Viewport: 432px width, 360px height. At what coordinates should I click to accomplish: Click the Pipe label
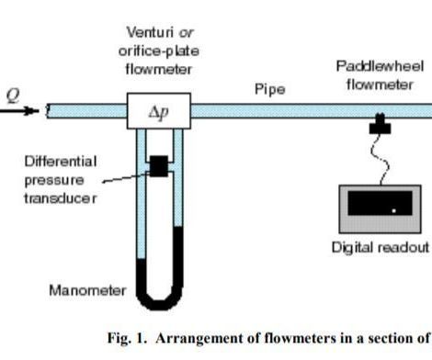coord(269,90)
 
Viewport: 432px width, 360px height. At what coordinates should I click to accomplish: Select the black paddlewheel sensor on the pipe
coord(380,125)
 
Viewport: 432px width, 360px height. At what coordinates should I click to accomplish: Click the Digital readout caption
coord(380,248)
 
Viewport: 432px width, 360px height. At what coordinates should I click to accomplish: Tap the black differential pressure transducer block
coord(158,165)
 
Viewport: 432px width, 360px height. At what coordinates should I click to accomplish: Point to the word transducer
coord(58,198)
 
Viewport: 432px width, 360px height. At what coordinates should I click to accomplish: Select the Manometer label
coord(87,291)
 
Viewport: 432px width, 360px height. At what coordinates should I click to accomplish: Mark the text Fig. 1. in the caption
coord(127,339)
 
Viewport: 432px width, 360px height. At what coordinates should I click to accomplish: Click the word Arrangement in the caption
coord(197,339)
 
